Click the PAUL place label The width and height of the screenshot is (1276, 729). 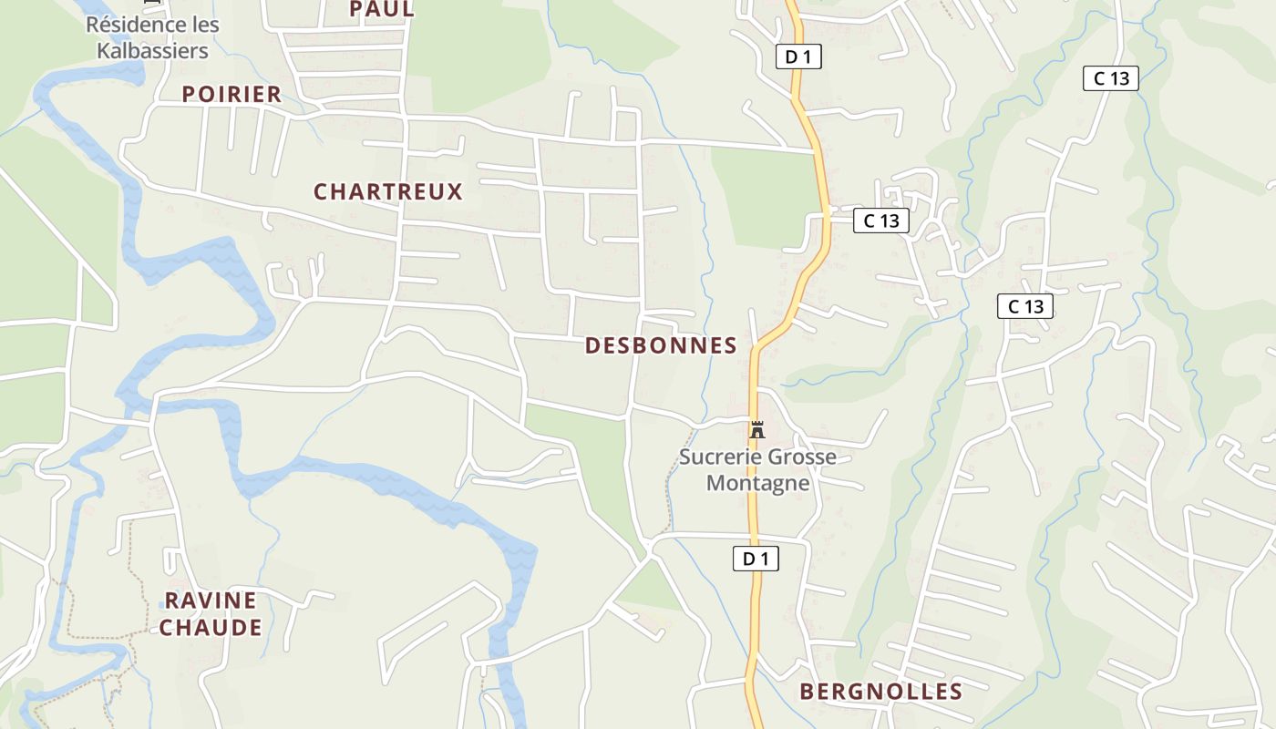coord(382,9)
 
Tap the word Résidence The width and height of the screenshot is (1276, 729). coord(127,25)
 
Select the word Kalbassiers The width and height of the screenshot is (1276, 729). coord(152,50)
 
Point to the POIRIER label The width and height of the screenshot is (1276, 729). coord(232,94)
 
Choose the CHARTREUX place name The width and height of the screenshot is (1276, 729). coord(388,191)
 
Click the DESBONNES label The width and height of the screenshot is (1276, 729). coord(661,345)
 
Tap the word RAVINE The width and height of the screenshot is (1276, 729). coord(211,601)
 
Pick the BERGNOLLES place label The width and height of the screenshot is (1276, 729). coord(880,692)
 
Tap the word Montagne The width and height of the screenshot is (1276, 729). coord(758,483)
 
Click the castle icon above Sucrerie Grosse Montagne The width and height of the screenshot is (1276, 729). coord(757,429)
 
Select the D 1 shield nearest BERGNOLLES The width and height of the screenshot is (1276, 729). coord(756,559)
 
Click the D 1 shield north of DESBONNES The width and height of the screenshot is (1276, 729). coord(798,56)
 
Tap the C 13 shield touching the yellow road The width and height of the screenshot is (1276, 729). coord(880,220)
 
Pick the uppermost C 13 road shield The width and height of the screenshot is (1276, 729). coord(1111,78)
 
